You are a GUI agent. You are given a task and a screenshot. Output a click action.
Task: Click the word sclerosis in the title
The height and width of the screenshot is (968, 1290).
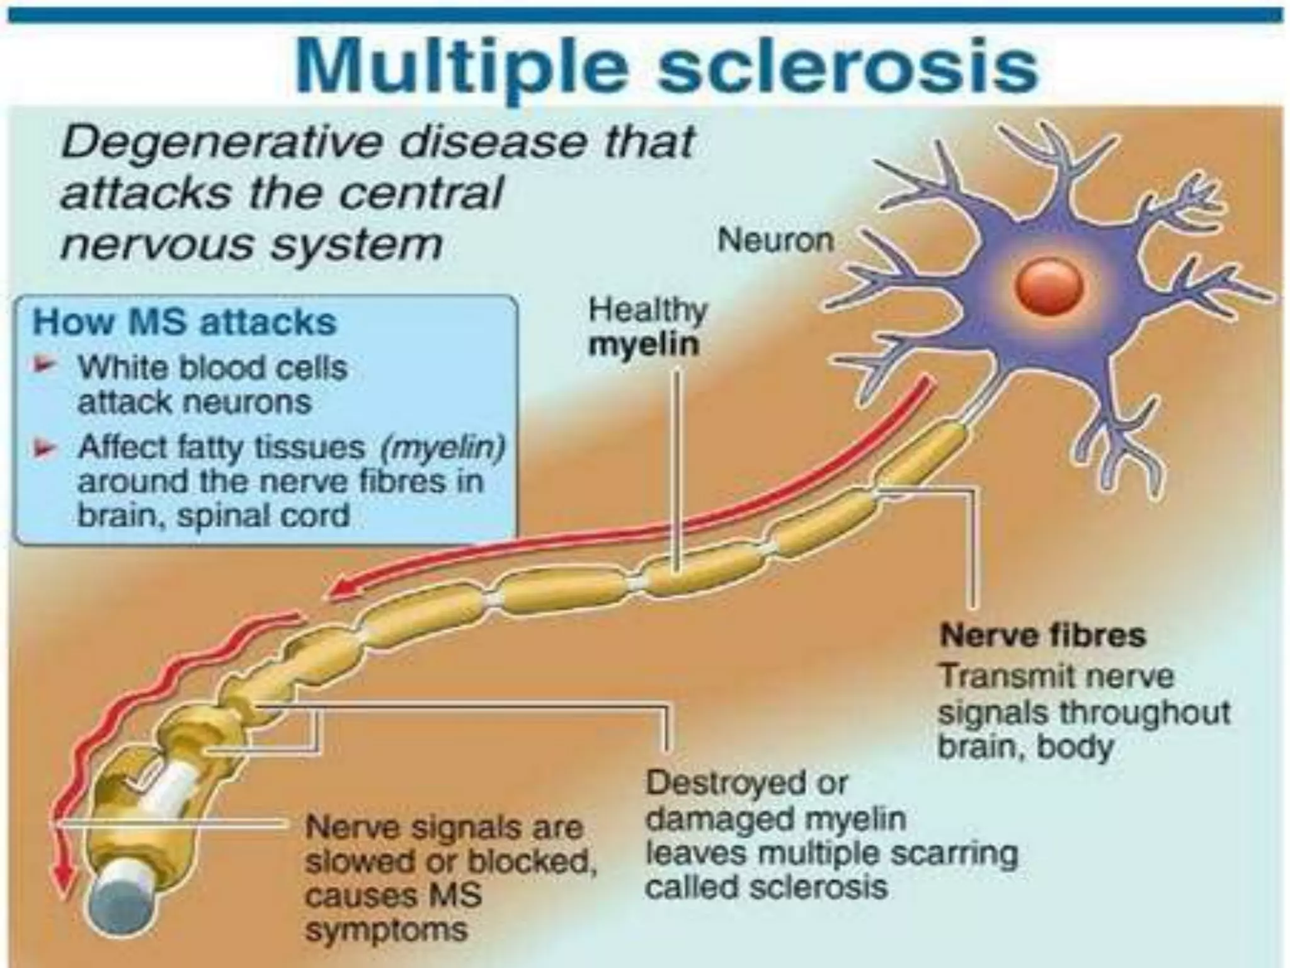(x=847, y=67)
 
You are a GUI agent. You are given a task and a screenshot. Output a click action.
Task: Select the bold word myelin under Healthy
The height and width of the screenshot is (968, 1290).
(x=643, y=345)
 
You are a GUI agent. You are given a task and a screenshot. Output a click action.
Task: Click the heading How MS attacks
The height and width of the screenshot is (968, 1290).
(x=185, y=322)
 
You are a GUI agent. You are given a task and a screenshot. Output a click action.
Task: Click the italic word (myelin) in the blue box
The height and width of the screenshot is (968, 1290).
(x=443, y=448)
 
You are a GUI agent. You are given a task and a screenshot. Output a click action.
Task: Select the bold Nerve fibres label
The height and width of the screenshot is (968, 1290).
(x=1042, y=635)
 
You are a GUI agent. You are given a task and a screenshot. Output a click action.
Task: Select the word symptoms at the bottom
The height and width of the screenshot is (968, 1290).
(x=386, y=930)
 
